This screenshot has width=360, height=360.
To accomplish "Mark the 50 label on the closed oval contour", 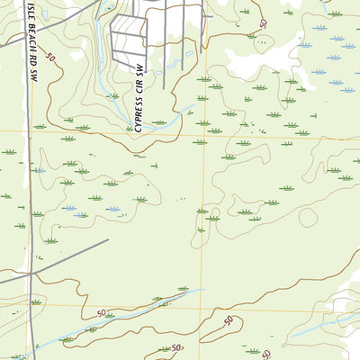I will coord(229,320).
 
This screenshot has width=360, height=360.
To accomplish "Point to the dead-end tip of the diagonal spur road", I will coord(108,239).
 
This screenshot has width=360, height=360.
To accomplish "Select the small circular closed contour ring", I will coord(308,217).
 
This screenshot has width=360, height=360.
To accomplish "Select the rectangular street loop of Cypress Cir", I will coord(127,36).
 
